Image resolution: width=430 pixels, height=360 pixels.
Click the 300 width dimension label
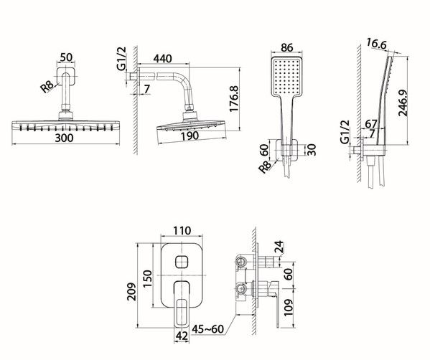(64, 138)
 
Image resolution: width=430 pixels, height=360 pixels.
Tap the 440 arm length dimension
(163, 59)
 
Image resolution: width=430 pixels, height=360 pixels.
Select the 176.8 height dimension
(234, 99)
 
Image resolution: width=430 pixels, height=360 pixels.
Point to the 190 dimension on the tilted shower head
(190, 136)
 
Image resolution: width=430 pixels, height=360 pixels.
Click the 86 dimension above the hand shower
(287, 47)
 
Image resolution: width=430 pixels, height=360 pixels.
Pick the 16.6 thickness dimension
(377, 44)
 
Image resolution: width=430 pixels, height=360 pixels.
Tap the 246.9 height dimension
(403, 103)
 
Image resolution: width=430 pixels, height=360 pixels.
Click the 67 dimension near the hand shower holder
(371, 124)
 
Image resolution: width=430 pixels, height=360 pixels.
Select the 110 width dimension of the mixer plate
(182, 231)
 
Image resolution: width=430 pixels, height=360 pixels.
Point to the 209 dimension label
(132, 291)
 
